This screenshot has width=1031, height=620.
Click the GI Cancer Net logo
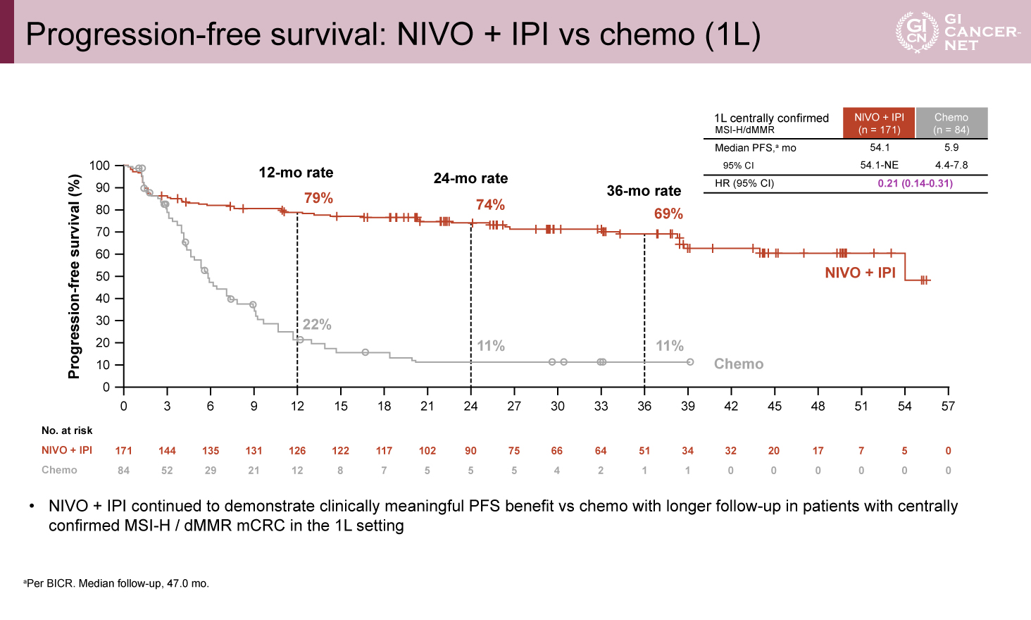956,32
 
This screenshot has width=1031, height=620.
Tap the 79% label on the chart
318,198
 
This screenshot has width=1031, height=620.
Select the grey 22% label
317,325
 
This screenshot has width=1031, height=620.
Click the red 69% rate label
668,213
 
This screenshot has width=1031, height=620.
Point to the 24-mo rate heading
470,178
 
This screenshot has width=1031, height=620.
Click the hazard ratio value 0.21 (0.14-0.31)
915,183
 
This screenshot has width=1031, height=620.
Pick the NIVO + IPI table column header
879,123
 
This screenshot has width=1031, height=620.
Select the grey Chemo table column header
951,123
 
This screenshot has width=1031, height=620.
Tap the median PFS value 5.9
951,147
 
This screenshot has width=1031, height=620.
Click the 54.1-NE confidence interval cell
879,165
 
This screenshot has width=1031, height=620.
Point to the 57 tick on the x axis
948,406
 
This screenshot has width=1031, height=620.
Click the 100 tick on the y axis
99,166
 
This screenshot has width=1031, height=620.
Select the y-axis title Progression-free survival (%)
74,276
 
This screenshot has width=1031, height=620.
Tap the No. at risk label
67,430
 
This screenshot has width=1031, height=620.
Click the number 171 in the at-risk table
124,451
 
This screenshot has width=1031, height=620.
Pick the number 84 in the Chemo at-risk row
124,471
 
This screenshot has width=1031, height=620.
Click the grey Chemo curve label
738,364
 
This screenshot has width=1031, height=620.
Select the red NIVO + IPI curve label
860,273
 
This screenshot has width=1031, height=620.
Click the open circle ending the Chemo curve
690,362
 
